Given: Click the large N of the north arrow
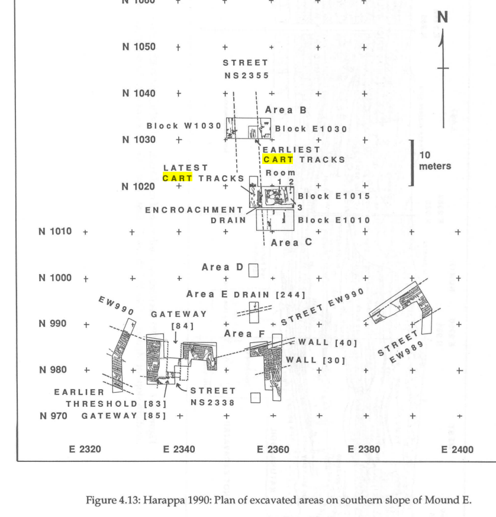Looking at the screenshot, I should (443, 18).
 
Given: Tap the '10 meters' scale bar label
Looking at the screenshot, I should (434, 160).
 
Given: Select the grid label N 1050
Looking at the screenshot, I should (139, 47).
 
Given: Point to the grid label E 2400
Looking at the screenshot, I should (457, 449).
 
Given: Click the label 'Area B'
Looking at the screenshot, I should (286, 110).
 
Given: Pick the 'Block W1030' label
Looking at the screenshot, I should (183, 126).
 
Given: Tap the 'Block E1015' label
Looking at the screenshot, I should (334, 196).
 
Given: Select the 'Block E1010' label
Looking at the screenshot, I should (334, 220).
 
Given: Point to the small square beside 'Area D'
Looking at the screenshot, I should (254, 270).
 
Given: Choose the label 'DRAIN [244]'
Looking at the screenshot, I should (270, 294).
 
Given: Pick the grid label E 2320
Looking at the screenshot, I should (85, 449).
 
